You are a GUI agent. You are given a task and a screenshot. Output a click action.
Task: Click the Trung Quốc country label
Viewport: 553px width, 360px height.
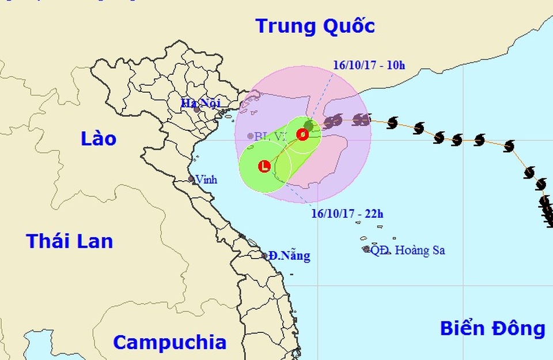pos(315,26)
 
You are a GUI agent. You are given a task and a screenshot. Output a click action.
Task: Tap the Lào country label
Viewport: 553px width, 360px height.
pos(99,138)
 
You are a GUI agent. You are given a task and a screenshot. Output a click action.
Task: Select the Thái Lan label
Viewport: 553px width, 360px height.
pos(70,241)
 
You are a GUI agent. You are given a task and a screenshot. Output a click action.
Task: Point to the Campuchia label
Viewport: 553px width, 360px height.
pos(169,342)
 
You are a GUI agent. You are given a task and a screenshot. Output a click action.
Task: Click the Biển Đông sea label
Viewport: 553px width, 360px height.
pos(493,328)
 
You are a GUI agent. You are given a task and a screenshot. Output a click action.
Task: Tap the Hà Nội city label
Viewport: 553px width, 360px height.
pos(197,103)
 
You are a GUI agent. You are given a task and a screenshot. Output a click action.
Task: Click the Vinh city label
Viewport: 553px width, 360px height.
pos(206,180)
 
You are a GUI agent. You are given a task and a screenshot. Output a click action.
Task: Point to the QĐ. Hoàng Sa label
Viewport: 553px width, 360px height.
pos(408,251)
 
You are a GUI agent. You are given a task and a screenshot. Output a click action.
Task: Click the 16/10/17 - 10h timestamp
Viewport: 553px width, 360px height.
pos(369,65)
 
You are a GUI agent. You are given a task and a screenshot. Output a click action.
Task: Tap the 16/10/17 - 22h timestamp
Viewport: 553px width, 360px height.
pos(347,214)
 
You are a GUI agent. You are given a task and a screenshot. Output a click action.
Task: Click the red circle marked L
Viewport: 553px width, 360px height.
pos(264,167)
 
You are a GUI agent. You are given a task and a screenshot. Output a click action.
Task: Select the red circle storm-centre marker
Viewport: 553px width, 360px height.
pos(302,135)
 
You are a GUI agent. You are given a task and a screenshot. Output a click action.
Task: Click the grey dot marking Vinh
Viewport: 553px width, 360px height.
pos(191,179)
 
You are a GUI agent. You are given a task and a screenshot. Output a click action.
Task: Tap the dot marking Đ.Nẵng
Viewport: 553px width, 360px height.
pos(265,255)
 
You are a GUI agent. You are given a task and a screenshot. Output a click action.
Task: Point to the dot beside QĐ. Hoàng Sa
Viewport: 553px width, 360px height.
pos(366,249)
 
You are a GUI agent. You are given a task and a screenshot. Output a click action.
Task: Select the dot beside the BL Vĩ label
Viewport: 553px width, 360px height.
pos(250,137)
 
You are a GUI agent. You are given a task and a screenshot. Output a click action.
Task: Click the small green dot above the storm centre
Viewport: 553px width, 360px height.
pos(309,125)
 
